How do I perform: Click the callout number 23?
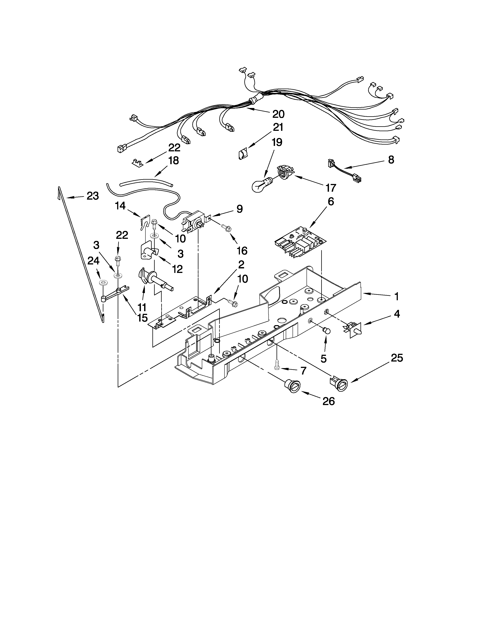tap(93, 196)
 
